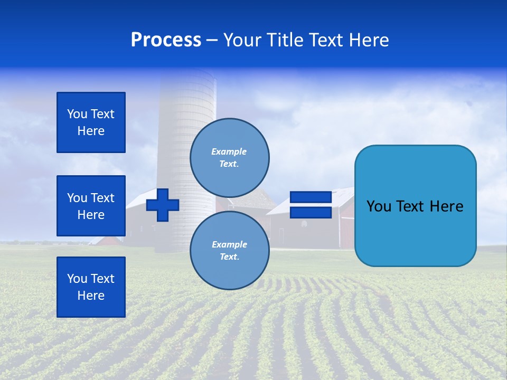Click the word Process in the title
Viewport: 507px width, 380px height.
coord(166,40)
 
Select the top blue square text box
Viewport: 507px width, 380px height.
coord(91,122)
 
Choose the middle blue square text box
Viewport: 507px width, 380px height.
coord(91,206)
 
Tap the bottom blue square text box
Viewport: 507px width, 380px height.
coord(91,287)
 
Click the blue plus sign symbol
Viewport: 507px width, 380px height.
coord(163,205)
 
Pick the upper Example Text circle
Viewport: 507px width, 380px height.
coord(229,157)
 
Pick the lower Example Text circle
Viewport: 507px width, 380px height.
coord(229,250)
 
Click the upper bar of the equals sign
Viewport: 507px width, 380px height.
coord(311,197)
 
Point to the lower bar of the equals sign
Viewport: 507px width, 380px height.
coord(311,212)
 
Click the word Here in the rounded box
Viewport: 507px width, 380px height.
coord(446,206)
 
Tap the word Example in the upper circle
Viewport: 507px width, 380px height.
coord(229,151)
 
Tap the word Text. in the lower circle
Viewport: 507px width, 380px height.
coord(229,257)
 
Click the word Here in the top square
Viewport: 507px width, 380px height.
coord(91,131)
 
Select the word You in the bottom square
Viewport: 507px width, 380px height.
coord(77,279)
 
